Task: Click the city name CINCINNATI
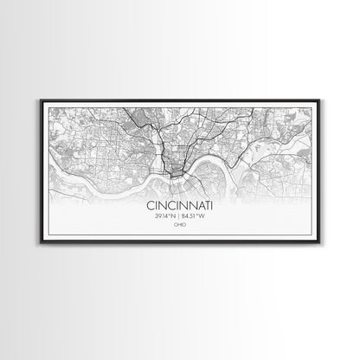(x=179, y=208)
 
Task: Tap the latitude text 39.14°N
(x=162, y=218)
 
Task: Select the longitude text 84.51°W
(x=198, y=218)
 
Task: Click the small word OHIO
(x=179, y=227)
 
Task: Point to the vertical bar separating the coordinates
(x=180, y=218)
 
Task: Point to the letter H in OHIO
(x=177, y=227)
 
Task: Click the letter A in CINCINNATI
(x=198, y=208)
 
